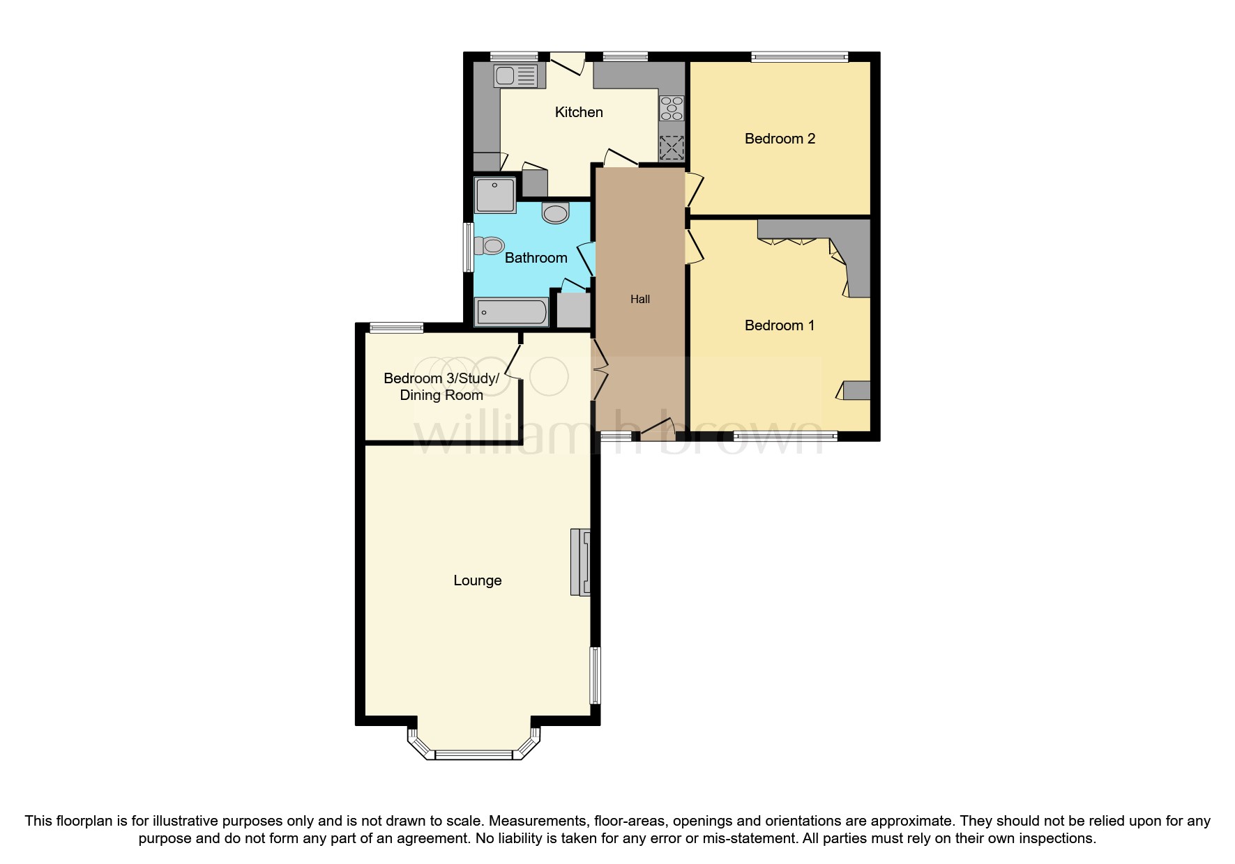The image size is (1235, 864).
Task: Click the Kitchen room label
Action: coord(578,112)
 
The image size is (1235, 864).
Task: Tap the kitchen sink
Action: coord(517,76)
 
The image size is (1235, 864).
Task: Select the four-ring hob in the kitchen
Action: coord(672,109)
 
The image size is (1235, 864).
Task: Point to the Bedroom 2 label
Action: coord(779,139)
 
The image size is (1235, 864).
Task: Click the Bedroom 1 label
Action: coord(779,325)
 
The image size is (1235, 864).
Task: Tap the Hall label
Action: coord(639,299)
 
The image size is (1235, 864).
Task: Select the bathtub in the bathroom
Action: coord(512,311)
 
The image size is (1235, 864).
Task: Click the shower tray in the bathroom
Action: coord(495,194)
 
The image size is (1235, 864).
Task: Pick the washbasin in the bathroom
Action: coord(555,213)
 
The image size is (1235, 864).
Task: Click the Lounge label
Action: coord(477,580)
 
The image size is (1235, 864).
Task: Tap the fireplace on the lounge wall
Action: coord(581,562)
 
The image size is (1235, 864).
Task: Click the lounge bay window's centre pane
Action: coord(473,755)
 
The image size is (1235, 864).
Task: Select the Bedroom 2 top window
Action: coord(799,57)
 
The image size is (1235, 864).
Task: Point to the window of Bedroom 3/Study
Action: coord(396,327)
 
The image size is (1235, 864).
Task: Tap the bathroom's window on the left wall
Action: coord(469,247)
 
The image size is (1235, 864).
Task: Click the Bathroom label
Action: coord(536,258)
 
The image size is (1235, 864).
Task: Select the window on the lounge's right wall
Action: coord(595,674)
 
